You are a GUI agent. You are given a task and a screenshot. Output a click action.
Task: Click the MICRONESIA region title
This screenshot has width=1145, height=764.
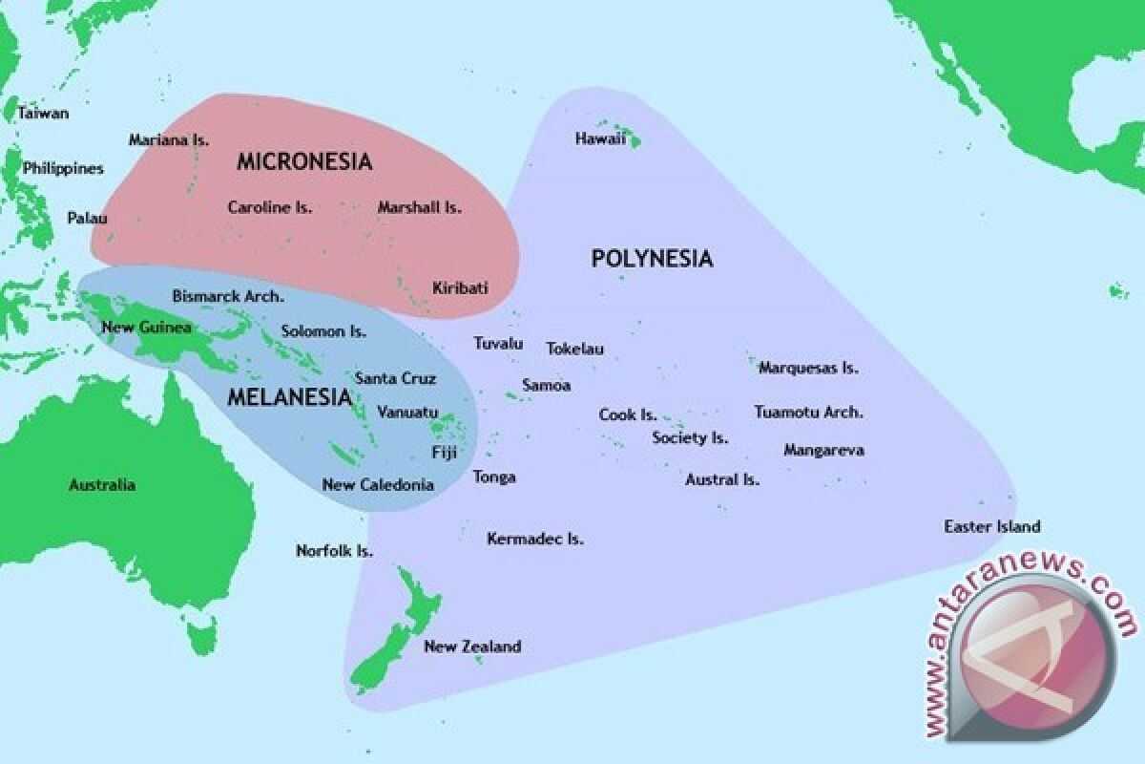303,161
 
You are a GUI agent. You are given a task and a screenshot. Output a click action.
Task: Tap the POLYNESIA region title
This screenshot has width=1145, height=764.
652,258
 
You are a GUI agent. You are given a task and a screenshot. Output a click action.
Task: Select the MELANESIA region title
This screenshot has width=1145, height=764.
288,397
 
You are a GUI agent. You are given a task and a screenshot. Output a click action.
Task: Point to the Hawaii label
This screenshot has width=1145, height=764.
600,139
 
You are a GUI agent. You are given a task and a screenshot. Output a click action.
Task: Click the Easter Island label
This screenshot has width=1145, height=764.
991,526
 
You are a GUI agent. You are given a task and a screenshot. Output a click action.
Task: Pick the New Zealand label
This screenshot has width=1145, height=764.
472,647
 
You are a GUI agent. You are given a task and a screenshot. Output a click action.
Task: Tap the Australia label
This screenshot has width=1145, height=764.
102,485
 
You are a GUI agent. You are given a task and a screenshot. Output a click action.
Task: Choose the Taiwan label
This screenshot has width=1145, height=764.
43,113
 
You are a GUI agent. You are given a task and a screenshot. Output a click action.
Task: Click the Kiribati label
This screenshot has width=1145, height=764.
460,287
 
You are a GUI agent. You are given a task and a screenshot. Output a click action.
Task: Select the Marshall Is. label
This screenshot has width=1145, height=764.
419,207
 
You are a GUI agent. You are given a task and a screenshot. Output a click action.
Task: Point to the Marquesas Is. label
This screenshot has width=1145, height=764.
808,368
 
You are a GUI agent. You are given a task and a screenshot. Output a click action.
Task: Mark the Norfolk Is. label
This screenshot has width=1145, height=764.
334,551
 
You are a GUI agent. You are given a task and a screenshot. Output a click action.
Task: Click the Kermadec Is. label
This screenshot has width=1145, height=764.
534,540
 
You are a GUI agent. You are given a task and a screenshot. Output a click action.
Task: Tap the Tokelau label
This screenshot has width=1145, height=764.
574,350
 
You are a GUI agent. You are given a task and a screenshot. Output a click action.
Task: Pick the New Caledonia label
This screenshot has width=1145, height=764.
378,485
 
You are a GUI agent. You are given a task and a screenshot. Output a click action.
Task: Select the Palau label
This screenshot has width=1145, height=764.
87,218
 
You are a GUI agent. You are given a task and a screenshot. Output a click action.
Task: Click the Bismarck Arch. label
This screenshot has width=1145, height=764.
227,296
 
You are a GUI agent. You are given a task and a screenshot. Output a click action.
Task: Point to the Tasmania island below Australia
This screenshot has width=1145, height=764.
201,634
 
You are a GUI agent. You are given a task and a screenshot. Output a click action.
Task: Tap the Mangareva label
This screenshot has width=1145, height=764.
823,450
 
